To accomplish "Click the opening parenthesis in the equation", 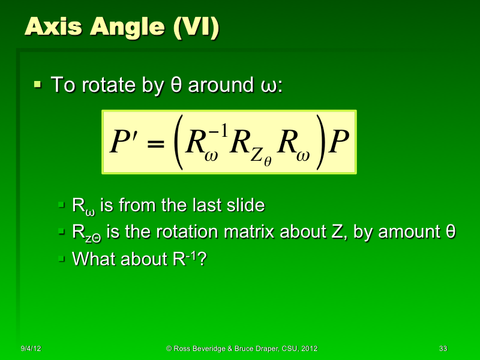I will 177,144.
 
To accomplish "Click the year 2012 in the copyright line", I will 308,349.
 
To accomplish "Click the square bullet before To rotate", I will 38,85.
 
